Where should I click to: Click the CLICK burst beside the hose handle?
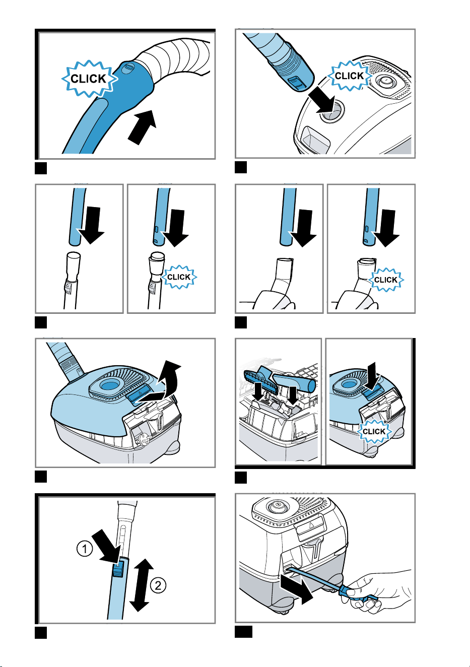(89, 79)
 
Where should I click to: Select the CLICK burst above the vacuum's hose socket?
(350, 76)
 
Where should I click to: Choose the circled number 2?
(158, 585)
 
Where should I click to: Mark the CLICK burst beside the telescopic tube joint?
(179, 277)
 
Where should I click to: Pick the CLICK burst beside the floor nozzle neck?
(386, 280)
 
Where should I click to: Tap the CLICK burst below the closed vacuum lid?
(374, 431)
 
